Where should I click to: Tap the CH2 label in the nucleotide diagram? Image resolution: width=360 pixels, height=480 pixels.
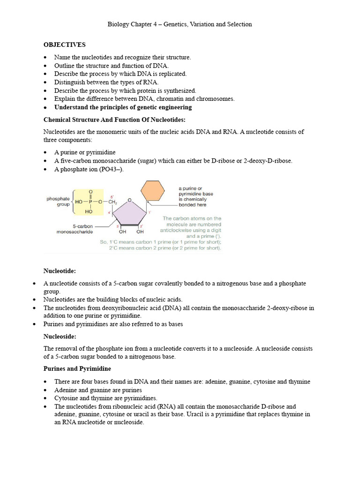112,202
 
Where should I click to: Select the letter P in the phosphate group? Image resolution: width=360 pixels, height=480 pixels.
90,202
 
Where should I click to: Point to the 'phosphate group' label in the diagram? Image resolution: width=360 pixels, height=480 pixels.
58,202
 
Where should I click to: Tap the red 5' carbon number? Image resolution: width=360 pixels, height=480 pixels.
112,196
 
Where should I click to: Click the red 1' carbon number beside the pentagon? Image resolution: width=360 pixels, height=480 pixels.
150,213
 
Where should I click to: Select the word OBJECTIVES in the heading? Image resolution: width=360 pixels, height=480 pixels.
65,45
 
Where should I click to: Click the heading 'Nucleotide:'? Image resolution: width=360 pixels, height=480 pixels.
60,271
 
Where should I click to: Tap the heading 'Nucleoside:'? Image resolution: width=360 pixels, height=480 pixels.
60,336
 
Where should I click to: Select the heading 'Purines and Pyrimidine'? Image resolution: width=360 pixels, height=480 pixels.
77,369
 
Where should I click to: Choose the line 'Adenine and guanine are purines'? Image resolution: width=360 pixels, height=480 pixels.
98,390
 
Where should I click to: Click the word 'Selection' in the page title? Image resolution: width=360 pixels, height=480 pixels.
239,24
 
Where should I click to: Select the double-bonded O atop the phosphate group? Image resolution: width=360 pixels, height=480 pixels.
90,192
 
